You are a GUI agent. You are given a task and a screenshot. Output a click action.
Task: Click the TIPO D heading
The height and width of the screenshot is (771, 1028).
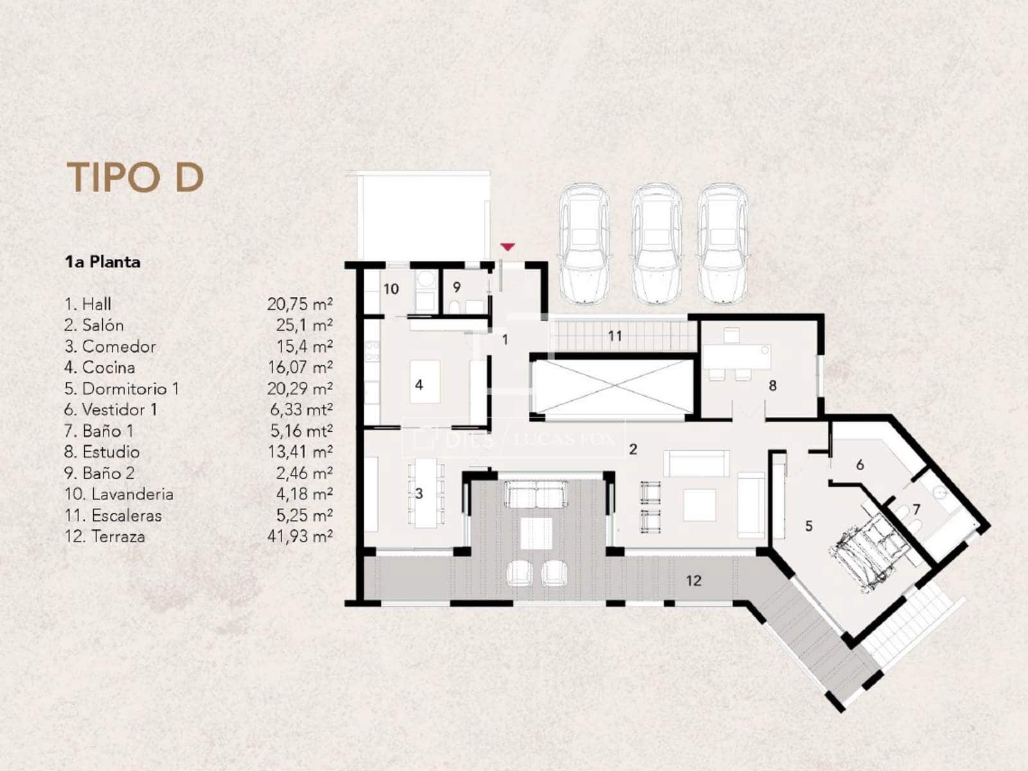click(135, 177)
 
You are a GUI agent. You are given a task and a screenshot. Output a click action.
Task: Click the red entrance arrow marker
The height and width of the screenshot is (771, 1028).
click(507, 247)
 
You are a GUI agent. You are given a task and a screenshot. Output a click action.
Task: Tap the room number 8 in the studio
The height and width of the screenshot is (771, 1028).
click(773, 385)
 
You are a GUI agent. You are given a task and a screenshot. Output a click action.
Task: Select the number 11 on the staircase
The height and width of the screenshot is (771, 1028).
click(615, 335)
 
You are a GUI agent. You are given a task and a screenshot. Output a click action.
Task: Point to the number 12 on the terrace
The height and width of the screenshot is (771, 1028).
click(694, 580)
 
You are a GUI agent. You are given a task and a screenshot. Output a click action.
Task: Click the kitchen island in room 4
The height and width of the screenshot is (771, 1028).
click(425, 382)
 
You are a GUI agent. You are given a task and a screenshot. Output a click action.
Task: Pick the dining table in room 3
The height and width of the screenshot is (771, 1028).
click(426, 493)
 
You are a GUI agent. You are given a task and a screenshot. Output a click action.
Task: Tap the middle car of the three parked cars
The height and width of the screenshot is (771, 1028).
click(656, 244)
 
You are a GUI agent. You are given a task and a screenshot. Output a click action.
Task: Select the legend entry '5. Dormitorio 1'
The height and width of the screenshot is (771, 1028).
click(121, 389)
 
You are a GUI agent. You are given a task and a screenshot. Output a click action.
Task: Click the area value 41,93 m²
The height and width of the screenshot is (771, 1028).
click(300, 536)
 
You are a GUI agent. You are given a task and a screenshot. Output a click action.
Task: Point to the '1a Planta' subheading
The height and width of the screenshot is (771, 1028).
click(103, 261)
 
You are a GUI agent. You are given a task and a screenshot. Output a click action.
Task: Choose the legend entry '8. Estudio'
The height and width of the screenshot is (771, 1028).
click(102, 452)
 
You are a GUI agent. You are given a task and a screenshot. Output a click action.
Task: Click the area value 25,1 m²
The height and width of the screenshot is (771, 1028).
click(304, 325)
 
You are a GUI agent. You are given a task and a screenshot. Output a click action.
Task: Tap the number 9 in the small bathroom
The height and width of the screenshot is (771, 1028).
click(457, 287)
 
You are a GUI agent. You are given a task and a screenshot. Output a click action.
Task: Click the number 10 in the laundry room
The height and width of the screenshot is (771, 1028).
click(391, 289)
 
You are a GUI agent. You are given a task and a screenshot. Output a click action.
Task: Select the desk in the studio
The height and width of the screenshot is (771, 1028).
click(737, 357)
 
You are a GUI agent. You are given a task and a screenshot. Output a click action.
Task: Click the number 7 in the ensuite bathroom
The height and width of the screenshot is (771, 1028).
click(917, 509)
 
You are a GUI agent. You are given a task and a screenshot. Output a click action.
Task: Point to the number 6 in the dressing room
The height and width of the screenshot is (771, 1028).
click(860, 465)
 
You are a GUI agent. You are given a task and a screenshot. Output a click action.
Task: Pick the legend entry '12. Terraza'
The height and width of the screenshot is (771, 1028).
click(105, 536)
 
